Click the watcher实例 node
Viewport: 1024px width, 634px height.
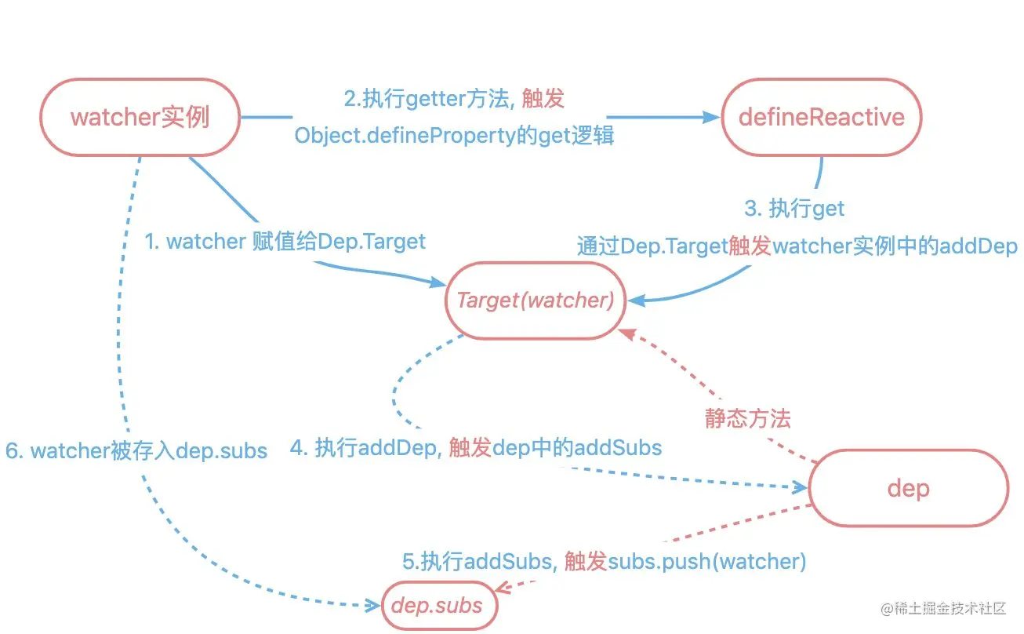point(140,117)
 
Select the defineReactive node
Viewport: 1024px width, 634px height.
point(821,117)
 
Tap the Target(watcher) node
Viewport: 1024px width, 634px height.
point(535,301)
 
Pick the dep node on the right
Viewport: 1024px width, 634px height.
point(908,488)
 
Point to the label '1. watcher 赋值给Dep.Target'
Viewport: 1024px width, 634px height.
point(285,241)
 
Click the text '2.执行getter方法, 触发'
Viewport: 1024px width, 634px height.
point(454,99)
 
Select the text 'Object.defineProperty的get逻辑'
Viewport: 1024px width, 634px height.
point(454,135)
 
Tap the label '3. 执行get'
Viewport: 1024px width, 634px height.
point(794,208)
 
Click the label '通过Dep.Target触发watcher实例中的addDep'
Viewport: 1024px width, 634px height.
point(797,246)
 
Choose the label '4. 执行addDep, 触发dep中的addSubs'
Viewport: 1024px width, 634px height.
point(476,448)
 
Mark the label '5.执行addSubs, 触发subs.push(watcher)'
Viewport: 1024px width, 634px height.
point(605,562)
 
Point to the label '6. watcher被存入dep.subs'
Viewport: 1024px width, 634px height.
point(136,451)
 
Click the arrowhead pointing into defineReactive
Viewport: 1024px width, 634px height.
point(712,118)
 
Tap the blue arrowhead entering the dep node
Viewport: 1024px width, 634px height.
point(801,487)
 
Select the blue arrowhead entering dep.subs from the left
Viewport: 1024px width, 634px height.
point(375,605)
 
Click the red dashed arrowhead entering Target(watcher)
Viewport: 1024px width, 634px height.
point(626,333)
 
